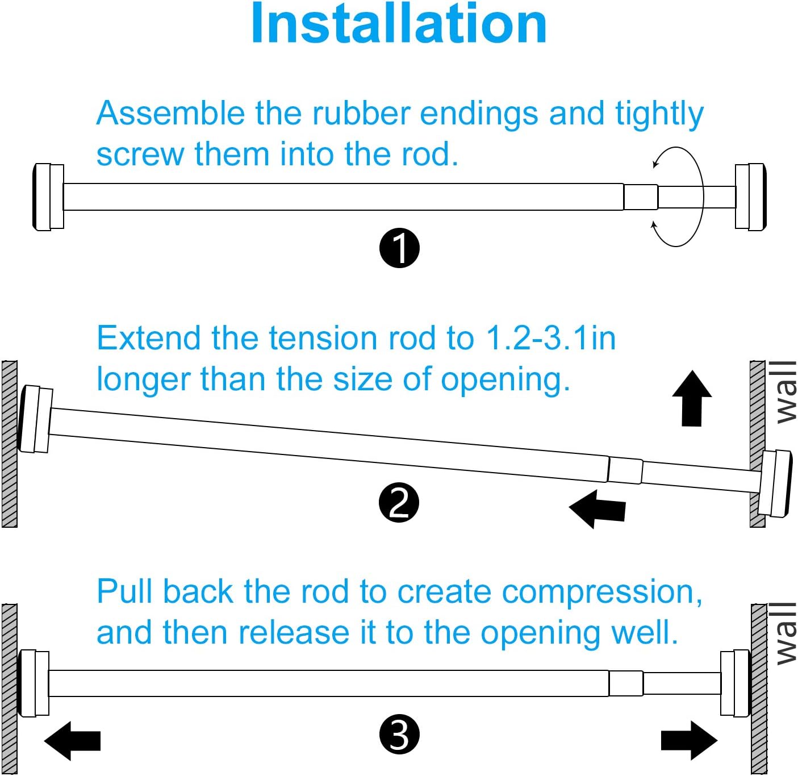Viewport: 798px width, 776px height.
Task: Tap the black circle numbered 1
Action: pyautogui.click(x=399, y=248)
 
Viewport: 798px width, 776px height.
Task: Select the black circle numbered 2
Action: pyautogui.click(x=399, y=503)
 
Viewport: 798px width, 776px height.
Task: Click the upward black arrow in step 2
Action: pyautogui.click(x=692, y=398)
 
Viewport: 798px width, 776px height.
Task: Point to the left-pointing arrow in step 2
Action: pyautogui.click(x=597, y=509)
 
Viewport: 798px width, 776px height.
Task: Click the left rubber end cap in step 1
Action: pyautogui.click(x=48, y=197)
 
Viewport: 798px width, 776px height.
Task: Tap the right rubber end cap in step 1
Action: pyautogui.click(x=751, y=197)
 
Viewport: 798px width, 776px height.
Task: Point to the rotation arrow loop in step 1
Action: pyautogui.click(x=678, y=197)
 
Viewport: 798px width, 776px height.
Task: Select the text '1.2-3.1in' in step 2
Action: pyautogui.click(x=550, y=339)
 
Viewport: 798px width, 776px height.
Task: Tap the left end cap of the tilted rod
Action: pyautogui.click(x=36, y=419)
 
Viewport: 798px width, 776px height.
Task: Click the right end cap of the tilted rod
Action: pyautogui.click(x=775, y=483)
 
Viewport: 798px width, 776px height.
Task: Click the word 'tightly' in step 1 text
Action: pyautogui.click(x=659, y=115)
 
